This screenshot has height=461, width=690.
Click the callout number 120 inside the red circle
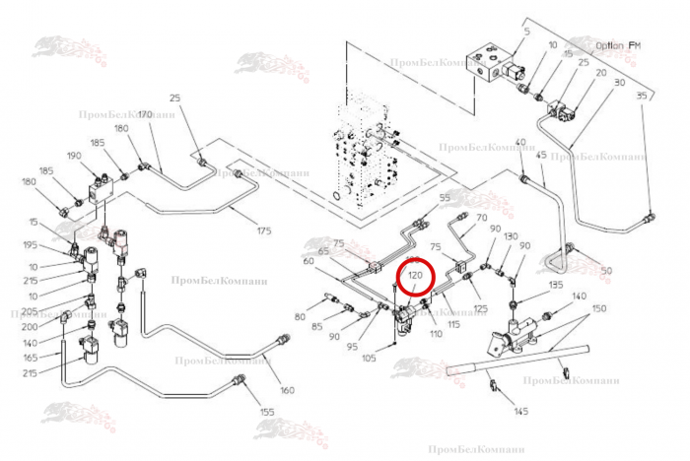coord(416,277)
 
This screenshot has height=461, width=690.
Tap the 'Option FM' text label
coord(618,45)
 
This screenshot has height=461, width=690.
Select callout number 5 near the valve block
coord(526,33)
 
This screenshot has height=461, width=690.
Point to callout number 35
coord(642,95)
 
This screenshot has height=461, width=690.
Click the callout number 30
coord(619,83)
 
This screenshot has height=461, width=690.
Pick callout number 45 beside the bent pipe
coord(540,155)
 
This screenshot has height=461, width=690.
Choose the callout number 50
coord(606,270)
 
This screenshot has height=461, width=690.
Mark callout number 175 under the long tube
coord(263,230)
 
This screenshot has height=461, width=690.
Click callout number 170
coord(144,115)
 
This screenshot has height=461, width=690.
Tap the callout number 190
coord(74,156)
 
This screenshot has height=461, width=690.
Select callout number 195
coord(32,244)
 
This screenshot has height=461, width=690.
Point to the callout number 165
coord(32,357)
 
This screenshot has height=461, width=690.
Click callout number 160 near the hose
coord(287,389)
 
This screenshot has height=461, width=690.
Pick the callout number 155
coord(266,411)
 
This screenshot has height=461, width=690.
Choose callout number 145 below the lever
coord(521,411)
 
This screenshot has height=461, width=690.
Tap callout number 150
coord(598,308)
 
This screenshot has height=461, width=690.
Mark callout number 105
coord(369,358)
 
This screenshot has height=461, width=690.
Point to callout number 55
coord(445,198)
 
